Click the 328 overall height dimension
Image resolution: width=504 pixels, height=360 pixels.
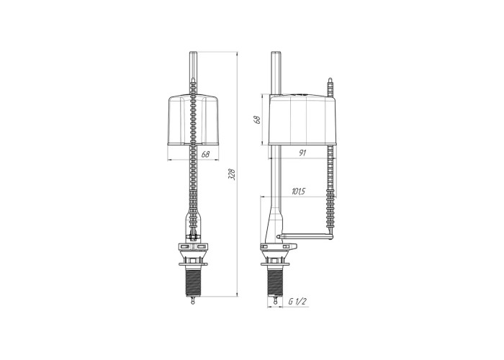[233, 174]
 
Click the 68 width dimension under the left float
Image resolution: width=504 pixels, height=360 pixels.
[205, 154]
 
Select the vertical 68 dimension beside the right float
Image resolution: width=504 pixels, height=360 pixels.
[257, 120]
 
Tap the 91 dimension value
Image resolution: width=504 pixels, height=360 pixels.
[302, 153]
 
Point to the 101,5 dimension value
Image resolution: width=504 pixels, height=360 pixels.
[298, 192]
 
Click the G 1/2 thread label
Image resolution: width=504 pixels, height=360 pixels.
[297, 302]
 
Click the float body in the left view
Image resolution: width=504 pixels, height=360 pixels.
[193, 120]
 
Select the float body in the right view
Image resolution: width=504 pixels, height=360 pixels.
[303, 120]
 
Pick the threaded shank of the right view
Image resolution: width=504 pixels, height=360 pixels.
[275, 282]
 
